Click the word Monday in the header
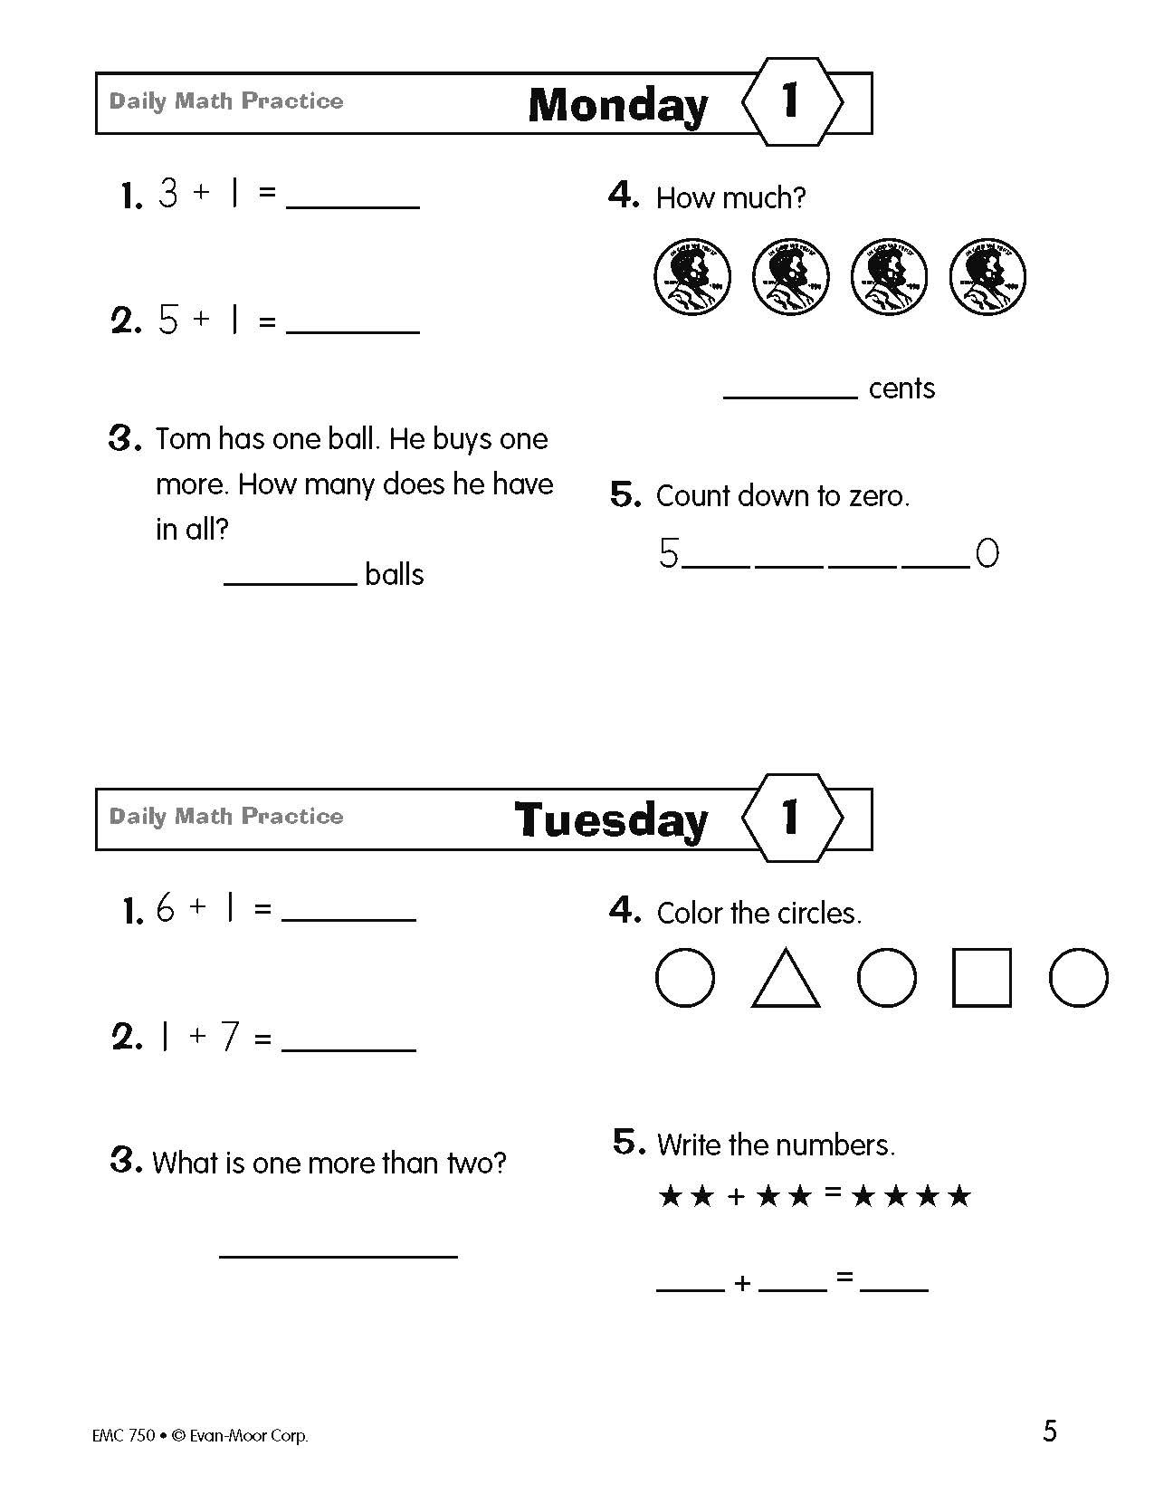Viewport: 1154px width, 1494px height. point(617,105)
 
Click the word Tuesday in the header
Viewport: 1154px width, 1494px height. point(611,820)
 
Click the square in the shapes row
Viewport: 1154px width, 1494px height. point(981,978)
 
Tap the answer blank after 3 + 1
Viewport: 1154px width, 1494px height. point(352,205)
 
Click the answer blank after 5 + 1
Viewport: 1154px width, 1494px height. point(352,330)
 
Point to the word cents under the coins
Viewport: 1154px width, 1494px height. point(901,388)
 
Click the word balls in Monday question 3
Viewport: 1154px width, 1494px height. point(395,574)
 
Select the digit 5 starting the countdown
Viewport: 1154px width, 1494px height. point(669,553)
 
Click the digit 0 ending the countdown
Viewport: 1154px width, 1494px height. point(987,553)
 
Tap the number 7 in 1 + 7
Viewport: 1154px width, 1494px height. point(230,1037)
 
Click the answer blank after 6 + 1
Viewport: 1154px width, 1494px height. point(348,917)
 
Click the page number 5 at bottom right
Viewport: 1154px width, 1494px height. point(1050,1432)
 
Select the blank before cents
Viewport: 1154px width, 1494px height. point(790,394)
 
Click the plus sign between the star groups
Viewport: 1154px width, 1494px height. point(736,1197)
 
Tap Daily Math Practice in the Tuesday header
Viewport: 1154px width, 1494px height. point(226,816)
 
